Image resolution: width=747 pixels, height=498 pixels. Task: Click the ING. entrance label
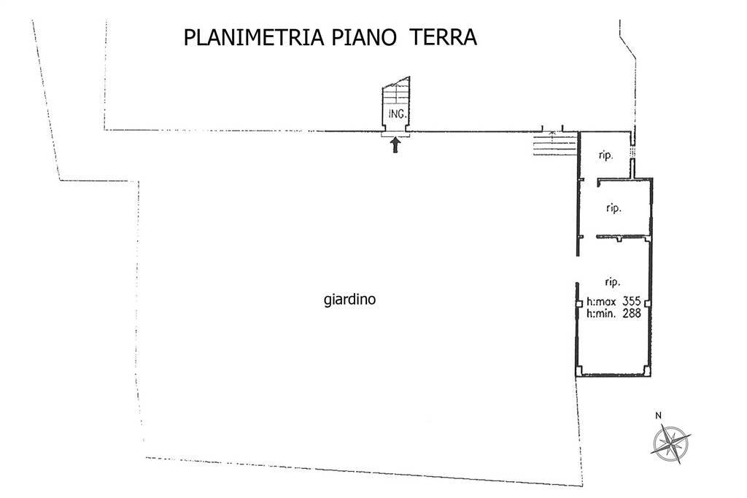tap(397, 114)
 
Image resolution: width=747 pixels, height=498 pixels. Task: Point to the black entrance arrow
tap(395, 145)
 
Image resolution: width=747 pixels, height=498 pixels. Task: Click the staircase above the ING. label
tap(396, 94)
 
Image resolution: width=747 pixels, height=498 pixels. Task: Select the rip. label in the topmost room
tap(605, 155)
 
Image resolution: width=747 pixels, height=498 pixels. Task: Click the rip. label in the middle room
tap(614, 209)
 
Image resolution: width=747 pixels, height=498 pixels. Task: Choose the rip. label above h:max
tap(612, 281)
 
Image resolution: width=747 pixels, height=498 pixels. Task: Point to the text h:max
tap(600, 301)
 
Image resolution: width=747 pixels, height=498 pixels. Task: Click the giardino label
tap(349, 299)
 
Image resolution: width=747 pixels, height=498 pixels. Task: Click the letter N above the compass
tap(658, 416)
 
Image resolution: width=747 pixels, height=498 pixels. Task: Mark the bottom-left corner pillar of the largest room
tap(580, 373)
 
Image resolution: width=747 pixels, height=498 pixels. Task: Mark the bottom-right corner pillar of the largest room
tap(649, 373)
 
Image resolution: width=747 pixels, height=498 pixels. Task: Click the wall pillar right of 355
tap(649, 302)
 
